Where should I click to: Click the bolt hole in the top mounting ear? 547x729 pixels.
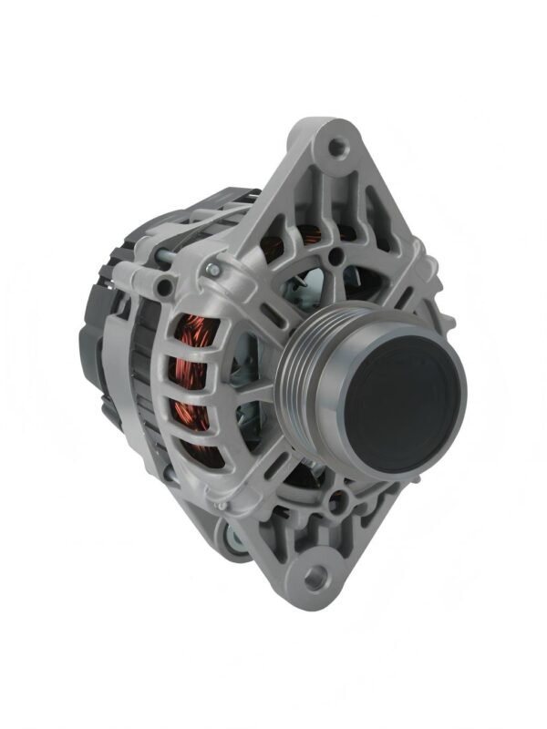pyautogui.click(x=339, y=146)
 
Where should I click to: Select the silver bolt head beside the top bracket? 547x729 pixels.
pyautogui.click(x=212, y=269)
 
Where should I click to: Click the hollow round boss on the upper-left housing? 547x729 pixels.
pyautogui.click(x=165, y=289)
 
